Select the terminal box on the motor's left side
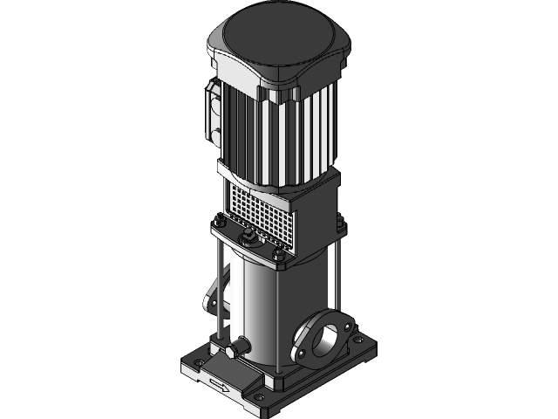click(212, 114)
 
